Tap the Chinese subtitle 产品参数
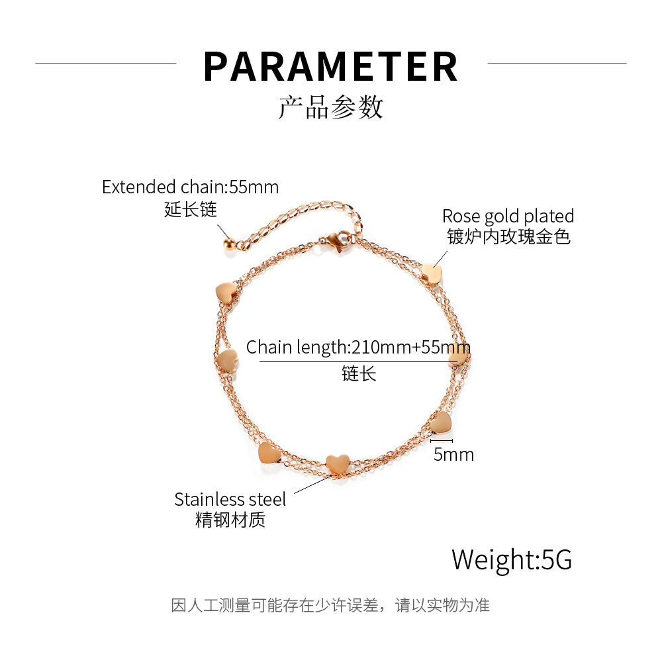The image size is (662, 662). [330, 107]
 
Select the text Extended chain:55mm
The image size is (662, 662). [191, 187]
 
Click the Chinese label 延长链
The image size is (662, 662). [191, 210]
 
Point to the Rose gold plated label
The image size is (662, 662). [508, 216]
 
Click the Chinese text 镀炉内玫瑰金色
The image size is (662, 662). [508, 236]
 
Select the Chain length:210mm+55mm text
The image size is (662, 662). [358, 347]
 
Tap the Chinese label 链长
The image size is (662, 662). [359, 373]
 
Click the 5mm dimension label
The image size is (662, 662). [453, 454]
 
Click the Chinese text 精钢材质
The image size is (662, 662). [230, 520]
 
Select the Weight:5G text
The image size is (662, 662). [512, 559]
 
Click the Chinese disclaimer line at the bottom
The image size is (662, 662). [330, 605]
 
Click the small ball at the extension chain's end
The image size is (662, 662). [228, 244]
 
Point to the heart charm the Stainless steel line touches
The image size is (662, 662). [338, 463]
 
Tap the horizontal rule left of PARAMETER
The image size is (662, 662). [106, 64]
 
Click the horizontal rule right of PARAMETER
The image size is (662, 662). [556, 64]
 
